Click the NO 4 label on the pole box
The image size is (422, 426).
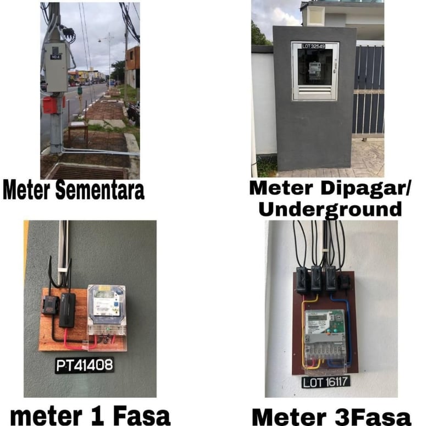point(55,57)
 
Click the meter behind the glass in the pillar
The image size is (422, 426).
point(315,71)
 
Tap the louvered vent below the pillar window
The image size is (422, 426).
point(315,91)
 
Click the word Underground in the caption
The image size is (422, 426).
point(329,209)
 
